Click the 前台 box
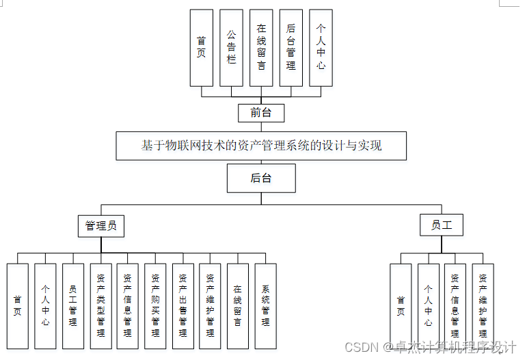(261, 113)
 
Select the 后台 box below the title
(261, 179)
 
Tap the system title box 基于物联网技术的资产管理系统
(261, 146)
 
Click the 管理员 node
(101, 225)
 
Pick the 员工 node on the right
(441, 225)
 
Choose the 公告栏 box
(231, 47)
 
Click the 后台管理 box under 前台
(291, 47)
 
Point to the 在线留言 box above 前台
(261, 47)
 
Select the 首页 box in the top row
(201, 47)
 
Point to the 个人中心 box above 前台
(321, 47)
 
